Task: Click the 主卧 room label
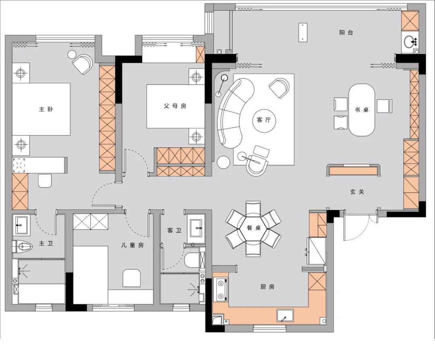pos(46,109)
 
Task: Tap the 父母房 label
pos(175,106)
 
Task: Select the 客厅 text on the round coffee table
pos(263,120)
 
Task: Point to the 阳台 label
pos(346,33)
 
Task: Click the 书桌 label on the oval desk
pos(362,110)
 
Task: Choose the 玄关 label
pos(357,192)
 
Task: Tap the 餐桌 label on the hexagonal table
pos(254,228)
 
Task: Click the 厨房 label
pos(267,286)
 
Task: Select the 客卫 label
pos(174,230)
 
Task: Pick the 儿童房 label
pos(133,245)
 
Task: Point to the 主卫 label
pos(46,244)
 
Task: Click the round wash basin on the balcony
pos(410,42)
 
